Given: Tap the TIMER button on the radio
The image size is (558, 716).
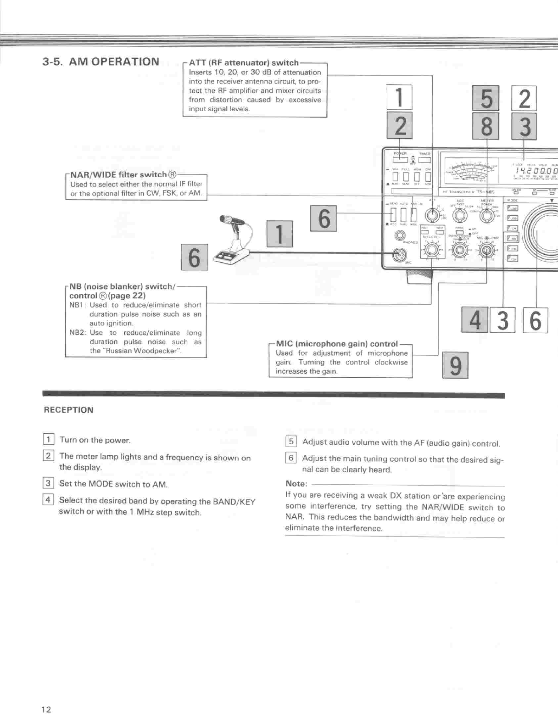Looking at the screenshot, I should [x=424, y=160].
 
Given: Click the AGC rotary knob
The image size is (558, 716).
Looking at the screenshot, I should [x=460, y=215].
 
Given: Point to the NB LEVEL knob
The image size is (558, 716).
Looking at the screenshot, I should [x=431, y=250].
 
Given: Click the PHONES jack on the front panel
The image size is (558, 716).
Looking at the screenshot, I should [x=401, y=235].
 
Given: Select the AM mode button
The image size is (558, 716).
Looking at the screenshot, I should [x=512, y=238].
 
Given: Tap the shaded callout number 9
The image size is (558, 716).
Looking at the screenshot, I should [x=455, y=365].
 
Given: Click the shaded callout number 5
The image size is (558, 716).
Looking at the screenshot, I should [x=486, y=98].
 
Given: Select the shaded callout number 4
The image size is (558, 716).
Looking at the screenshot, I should [x=475, y=320].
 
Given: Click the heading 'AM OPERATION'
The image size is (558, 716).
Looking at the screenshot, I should [x=114, y=62].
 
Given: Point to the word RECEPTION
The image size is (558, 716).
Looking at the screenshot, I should [x=68, y=410].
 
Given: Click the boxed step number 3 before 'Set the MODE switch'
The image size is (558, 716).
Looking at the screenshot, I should [x=48, y=483].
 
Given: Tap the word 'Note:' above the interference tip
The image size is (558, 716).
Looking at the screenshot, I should [x=296, y=483].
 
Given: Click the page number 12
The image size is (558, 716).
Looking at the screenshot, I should [x=46, y=710].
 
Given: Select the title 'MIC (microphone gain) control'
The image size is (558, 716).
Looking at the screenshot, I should [x=337, y=344].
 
